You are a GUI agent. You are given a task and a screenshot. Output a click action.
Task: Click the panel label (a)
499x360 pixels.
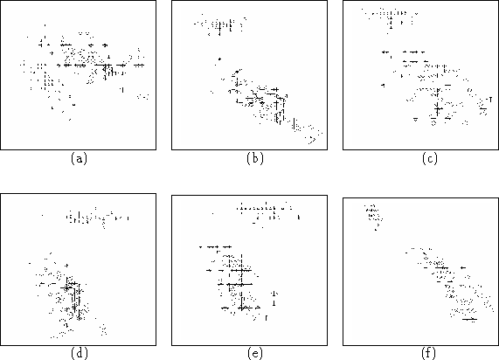pos(79,158)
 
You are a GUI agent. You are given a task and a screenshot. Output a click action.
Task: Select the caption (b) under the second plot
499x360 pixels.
pos(255,158)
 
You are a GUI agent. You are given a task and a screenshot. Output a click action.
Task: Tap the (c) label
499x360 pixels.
pos(430,158)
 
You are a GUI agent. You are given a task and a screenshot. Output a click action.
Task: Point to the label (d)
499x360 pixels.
pos(79,353)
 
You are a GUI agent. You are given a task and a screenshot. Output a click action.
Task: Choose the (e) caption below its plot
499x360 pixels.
pos(255,353)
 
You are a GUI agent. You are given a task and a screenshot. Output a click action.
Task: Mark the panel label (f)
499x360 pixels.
pos(429,353)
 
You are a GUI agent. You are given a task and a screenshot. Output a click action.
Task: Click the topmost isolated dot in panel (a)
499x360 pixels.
pos(45,25)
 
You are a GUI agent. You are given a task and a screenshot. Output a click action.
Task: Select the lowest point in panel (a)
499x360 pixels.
pos(70,120)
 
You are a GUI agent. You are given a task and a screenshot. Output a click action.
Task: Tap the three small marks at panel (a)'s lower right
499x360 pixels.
pos(143,96)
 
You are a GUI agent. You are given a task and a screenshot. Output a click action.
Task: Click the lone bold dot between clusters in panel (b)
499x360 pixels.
pos(219,59)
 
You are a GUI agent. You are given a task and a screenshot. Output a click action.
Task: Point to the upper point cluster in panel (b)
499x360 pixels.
pos(220,24)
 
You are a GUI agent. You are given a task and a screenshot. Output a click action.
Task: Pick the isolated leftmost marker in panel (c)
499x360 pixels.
pos(383,85)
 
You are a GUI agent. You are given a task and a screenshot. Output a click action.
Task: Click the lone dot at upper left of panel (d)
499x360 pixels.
pos(42,216)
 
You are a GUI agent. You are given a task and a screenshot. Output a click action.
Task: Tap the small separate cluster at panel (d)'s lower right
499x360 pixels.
pos(103,329)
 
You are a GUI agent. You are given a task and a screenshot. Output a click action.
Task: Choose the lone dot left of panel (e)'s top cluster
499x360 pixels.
pos(212,213)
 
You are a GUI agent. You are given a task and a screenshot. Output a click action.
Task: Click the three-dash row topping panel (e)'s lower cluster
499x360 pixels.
pos(215,246)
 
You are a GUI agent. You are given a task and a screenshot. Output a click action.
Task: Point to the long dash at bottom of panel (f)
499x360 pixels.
pos(469,319)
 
